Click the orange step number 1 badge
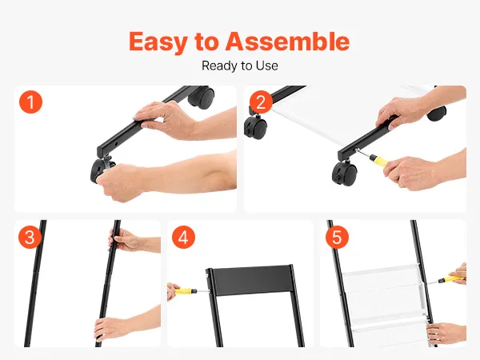30,102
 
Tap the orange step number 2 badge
261,102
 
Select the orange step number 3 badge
30,238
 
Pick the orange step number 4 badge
183,238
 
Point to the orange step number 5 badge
337,238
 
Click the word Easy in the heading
158,42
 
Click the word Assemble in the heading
287,41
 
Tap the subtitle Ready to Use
240,66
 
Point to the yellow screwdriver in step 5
447,279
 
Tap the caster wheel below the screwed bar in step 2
344,174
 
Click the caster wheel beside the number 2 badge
256,128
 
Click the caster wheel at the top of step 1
201,96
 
